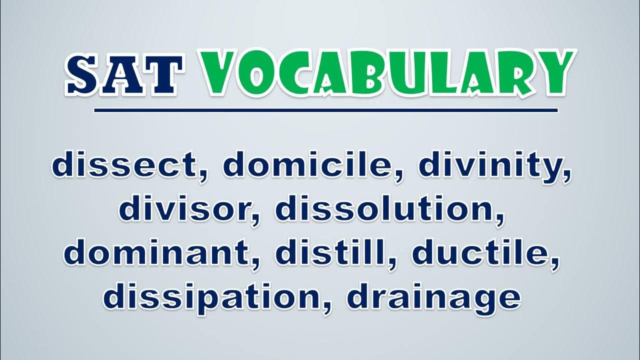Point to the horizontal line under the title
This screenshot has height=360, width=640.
tap(325, 110)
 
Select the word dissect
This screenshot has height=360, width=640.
tap(125, 164)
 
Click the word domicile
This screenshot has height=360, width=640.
tap(308, 164)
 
